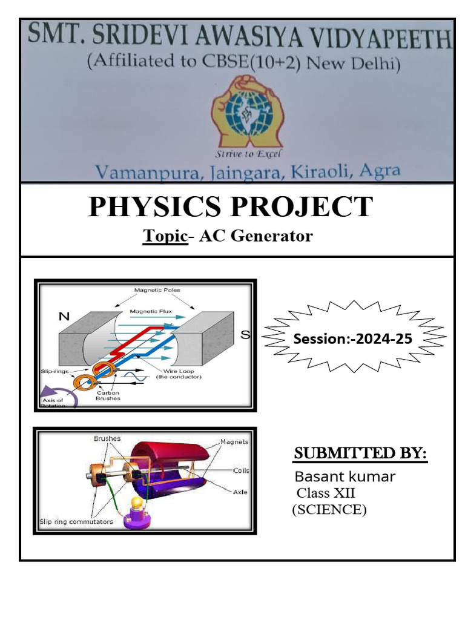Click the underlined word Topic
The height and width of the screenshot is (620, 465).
165,236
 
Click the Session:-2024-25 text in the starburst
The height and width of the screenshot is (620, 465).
352,338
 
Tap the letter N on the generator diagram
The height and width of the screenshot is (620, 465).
64,316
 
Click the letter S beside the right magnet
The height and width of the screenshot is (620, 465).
245,334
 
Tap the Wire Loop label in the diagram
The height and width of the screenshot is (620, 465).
177,374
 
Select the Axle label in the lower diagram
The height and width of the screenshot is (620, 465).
240,492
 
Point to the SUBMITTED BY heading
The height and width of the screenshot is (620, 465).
360,454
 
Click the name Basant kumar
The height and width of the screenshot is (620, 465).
345,477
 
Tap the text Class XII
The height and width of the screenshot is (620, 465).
326,493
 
